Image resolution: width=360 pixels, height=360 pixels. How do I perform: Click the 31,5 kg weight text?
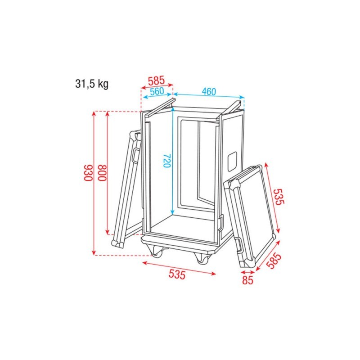coord(92,84)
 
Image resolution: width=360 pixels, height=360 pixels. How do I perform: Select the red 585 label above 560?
coord(156,81)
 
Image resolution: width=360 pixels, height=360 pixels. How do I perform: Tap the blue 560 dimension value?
coord(157,91)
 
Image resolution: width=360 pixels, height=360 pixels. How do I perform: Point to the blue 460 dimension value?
coord(209,92)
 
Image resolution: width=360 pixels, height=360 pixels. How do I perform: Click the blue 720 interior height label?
coord(167,161)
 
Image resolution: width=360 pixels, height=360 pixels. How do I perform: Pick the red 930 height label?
coord(88,173)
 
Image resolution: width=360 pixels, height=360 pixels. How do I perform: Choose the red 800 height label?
coord(103,173)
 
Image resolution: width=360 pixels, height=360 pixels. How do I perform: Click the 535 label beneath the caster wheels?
coord(177,274)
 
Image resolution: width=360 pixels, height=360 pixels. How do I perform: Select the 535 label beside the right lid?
coord(279,197)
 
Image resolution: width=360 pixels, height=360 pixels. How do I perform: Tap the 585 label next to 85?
coord(274,261)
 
